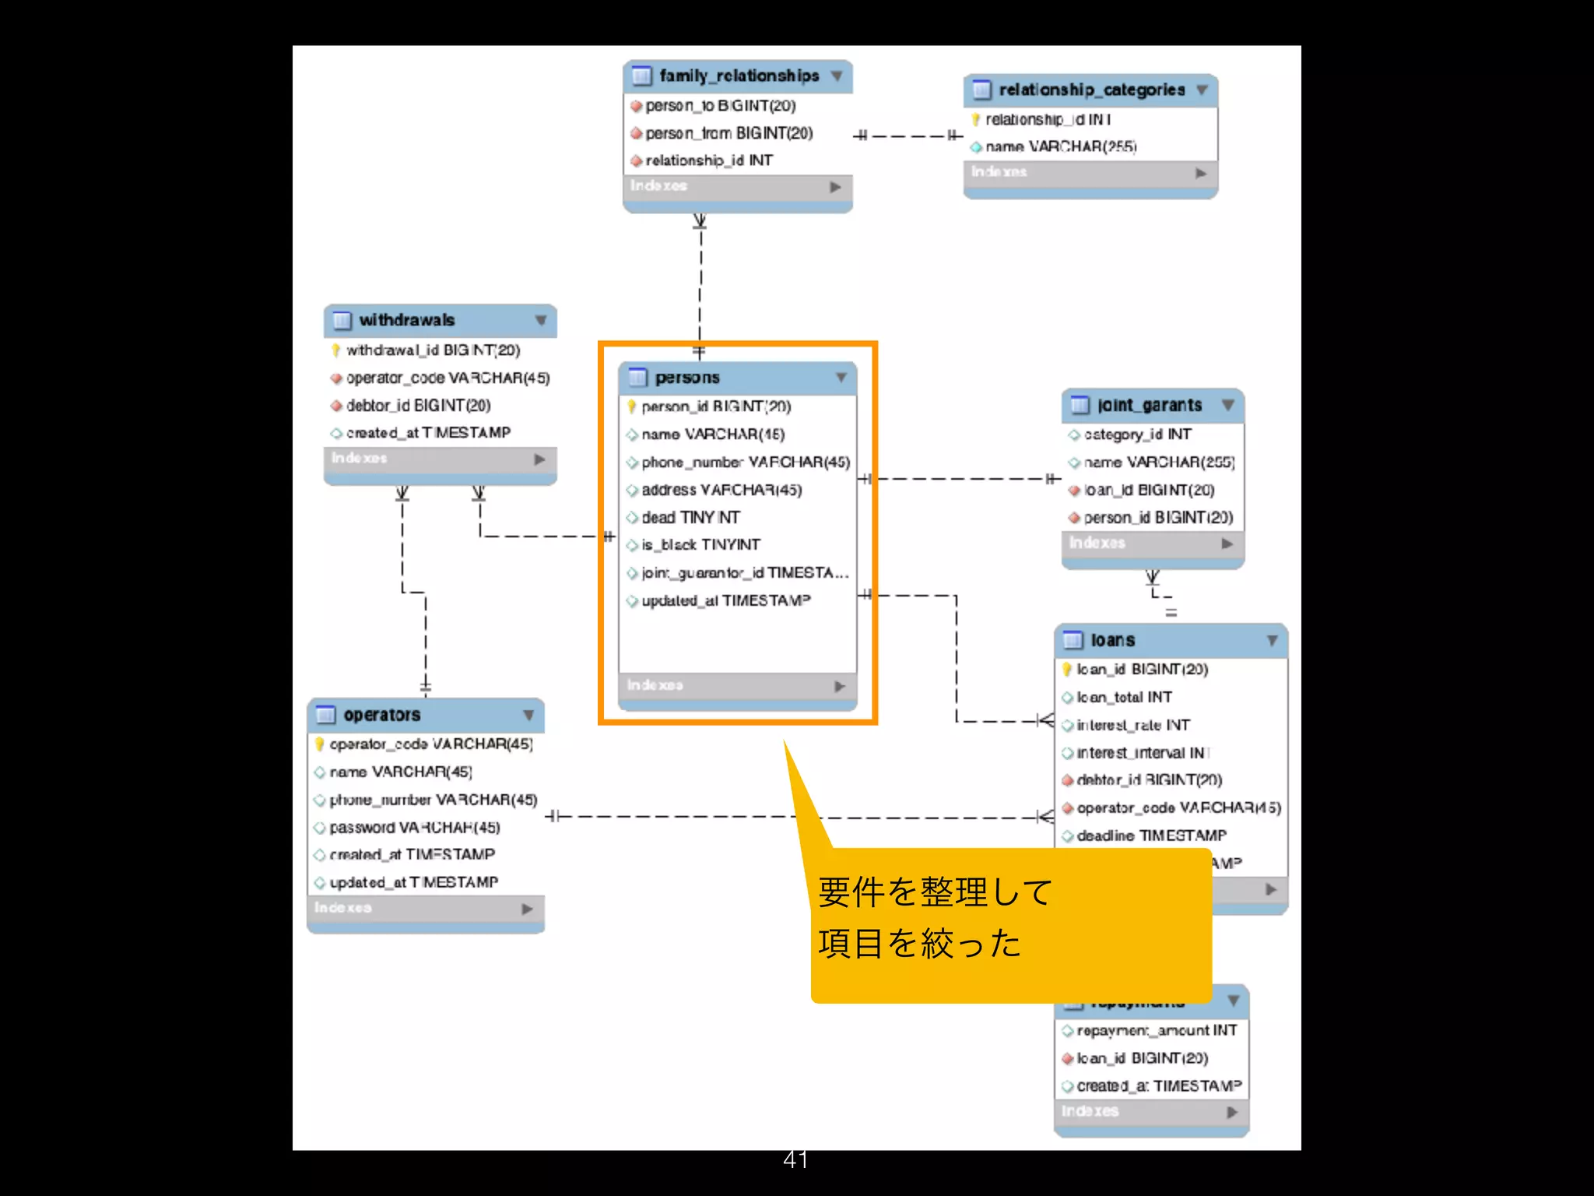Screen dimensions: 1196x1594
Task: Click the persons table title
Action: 686,378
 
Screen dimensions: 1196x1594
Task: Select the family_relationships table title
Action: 739,76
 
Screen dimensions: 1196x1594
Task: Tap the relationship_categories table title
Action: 1091,90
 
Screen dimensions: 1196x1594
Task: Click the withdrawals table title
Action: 406,320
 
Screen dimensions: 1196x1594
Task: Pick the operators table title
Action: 381,715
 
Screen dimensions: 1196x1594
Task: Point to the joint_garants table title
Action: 1149,405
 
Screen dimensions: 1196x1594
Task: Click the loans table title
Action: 1112,640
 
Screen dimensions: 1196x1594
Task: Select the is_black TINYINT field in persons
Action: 700,545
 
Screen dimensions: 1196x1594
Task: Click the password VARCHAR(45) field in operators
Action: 414,827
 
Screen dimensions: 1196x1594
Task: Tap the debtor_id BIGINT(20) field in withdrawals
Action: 418,405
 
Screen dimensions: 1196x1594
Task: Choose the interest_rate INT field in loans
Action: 1132,725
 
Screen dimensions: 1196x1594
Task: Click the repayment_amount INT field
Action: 1156,1030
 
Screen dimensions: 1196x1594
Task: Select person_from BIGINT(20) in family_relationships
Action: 729,133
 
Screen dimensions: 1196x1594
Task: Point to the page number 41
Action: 795,1159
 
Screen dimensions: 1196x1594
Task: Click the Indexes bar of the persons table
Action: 736,685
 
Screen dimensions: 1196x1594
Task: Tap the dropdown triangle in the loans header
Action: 1272,640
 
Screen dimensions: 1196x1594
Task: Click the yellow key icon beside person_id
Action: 632,406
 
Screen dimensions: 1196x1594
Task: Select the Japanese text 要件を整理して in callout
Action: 934,892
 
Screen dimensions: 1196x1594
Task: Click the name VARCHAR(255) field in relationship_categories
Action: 1060,146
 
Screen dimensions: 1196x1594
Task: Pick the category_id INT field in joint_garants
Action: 1136,434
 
